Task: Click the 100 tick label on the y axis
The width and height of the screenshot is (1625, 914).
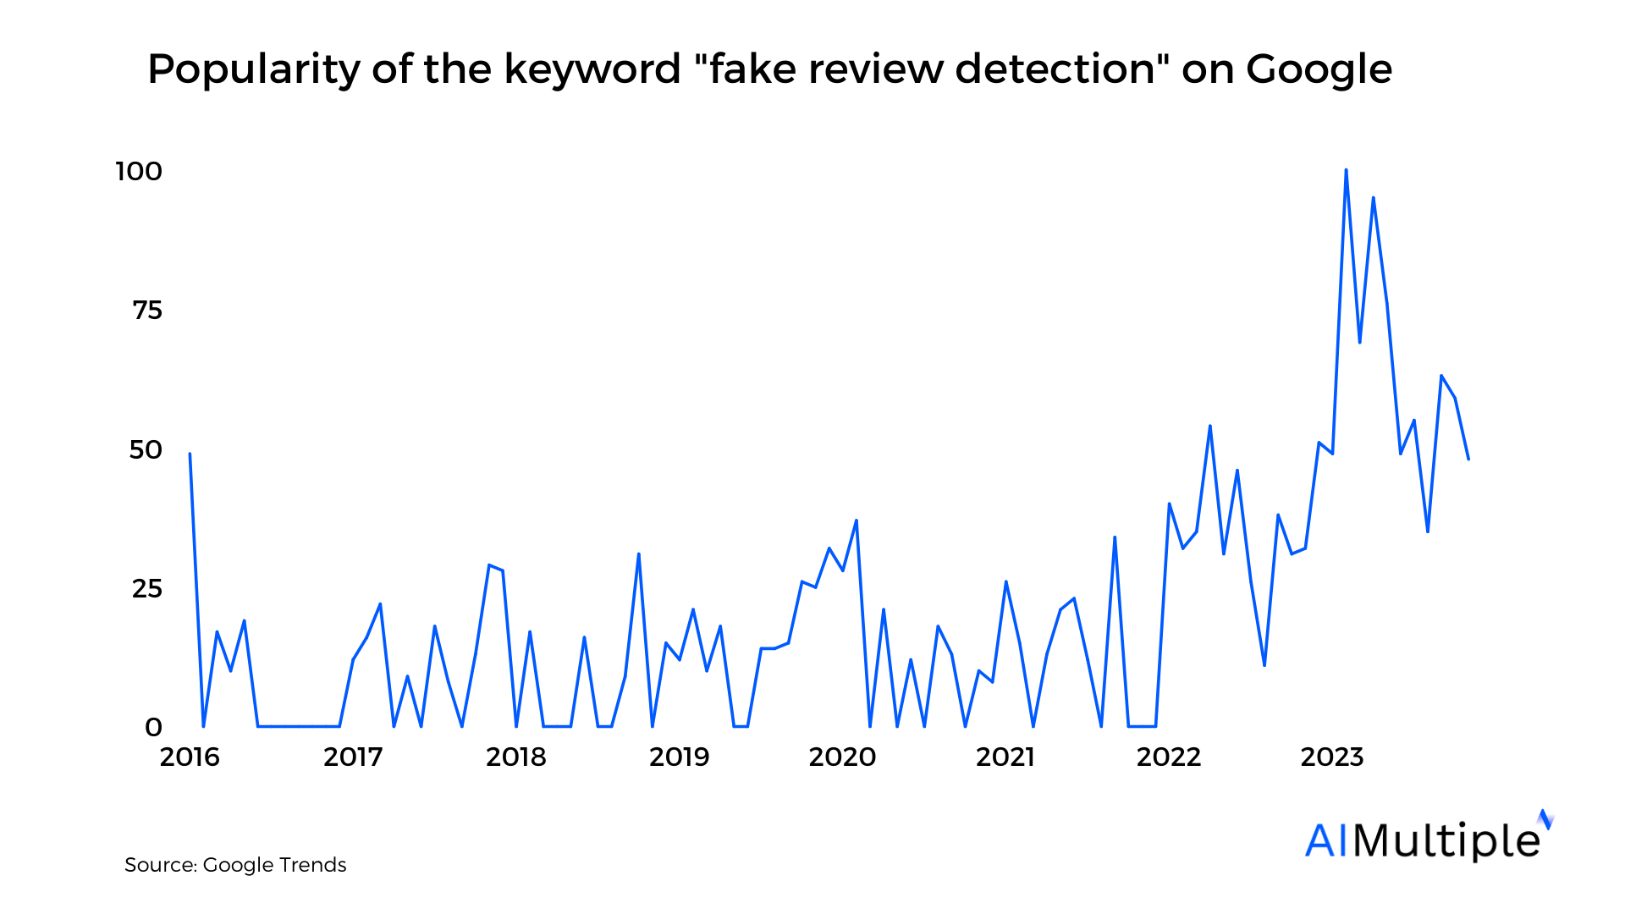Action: tap(139, 172)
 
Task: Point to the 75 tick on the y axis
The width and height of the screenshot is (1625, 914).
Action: tap(147, 311)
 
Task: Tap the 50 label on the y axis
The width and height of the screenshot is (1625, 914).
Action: tap(146, 450)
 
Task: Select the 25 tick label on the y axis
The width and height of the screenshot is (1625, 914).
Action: tap(147, 589)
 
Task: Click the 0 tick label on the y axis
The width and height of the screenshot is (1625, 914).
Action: tap(153, 728)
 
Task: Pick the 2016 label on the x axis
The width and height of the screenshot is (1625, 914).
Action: tap(190, 757)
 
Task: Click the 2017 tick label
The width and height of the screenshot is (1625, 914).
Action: tap(353, 757)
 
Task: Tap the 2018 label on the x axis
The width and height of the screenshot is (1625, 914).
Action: tap(516, 757)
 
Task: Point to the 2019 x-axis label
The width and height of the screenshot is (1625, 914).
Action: tap(679, 757)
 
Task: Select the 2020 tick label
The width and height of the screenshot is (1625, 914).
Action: tap(842, 757)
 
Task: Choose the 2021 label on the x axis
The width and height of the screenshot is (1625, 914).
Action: tap(1005, 757)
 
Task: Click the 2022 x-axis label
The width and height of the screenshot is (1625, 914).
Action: tap(1169, 757)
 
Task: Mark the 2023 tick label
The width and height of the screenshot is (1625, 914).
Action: tap(1332, 757)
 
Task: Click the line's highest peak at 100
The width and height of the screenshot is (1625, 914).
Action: tap(1346, 171)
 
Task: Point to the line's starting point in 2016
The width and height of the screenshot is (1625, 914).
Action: tap(190, 454)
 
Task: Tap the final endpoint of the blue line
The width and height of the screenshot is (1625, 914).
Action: tap(1468, 459)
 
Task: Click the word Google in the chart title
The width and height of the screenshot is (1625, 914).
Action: tap(1319, 69)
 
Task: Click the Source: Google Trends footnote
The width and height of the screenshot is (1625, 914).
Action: tap(235, 865)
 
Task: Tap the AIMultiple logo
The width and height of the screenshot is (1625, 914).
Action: tap(1429, 838)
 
